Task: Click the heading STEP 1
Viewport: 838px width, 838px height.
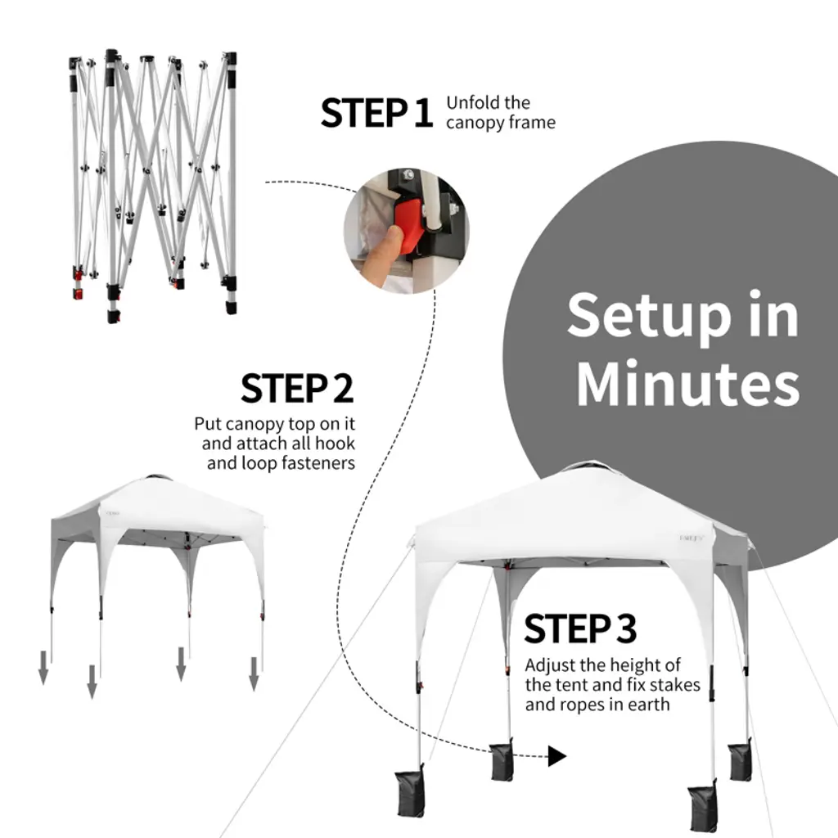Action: (x=376, y=113)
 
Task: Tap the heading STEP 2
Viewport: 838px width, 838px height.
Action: (x=297, y=389)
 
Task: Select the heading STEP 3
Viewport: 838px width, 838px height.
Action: (x=580, y=628)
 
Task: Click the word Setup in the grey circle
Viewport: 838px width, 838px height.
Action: (x=649, y=317)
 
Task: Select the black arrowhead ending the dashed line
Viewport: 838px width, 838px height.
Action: (x=556, y=756)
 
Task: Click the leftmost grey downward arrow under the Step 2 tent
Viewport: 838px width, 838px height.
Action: (x=43, y=668)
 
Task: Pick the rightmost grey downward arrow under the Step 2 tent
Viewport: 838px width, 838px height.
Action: (x=254, y=674)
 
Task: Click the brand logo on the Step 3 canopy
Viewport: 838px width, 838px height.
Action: (x=692, y=538)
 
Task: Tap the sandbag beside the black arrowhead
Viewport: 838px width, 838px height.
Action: (x=502, y=759)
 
